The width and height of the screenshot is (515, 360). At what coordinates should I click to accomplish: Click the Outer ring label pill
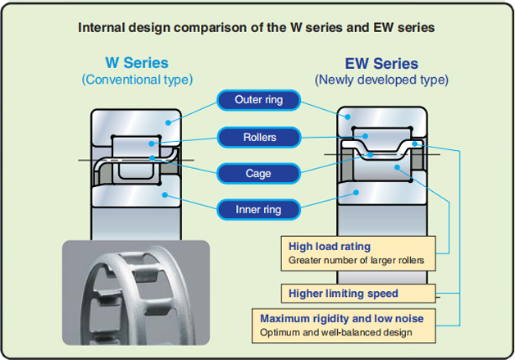point(258,100)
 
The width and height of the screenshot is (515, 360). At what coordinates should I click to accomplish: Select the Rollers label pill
point(259,137)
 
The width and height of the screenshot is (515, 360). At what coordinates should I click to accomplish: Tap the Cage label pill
point(258,173)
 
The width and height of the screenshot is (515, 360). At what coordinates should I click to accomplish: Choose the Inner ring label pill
point(258,209)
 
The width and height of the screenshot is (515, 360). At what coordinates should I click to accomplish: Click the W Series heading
point(137,63)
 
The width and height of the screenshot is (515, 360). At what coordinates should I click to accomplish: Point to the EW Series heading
point(381,63)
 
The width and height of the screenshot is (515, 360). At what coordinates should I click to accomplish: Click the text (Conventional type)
point(137,80)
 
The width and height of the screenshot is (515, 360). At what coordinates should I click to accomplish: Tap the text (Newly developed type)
point(381,80)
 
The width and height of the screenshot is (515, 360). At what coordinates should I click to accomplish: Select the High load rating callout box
point(358,253)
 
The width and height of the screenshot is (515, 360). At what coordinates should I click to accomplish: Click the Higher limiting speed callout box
point(358,294)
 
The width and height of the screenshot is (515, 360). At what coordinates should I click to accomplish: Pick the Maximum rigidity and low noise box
point(344,326)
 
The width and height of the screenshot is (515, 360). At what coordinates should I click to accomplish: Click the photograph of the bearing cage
point(136,293)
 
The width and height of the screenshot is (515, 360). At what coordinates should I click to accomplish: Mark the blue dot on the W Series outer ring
point(168,122)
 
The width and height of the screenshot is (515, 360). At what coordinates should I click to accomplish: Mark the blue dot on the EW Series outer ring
point(348,116)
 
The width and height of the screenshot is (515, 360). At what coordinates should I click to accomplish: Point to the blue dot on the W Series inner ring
point(165,195)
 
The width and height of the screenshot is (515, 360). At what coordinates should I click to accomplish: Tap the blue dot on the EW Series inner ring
point(356,193)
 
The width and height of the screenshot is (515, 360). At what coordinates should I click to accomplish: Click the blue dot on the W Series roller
point(151,144)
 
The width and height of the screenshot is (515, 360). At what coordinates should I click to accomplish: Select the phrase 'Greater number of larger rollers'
point(357,261)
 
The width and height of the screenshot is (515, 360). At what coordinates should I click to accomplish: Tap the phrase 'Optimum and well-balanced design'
point(336,332)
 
